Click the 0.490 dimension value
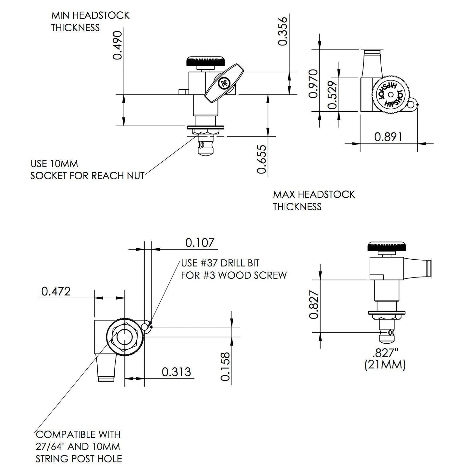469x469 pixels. (117, 45)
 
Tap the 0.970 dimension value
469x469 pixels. (313, 83)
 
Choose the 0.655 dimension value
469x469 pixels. (262, 159)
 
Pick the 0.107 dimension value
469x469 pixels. (200, 242)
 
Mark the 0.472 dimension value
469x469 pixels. (56, 291)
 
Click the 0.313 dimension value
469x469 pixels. (176, 372)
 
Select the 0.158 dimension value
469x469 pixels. (225, 366)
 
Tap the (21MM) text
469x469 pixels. (385, 365)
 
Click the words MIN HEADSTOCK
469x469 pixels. (90, 15)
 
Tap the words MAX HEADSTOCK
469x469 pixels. (314, 194)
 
